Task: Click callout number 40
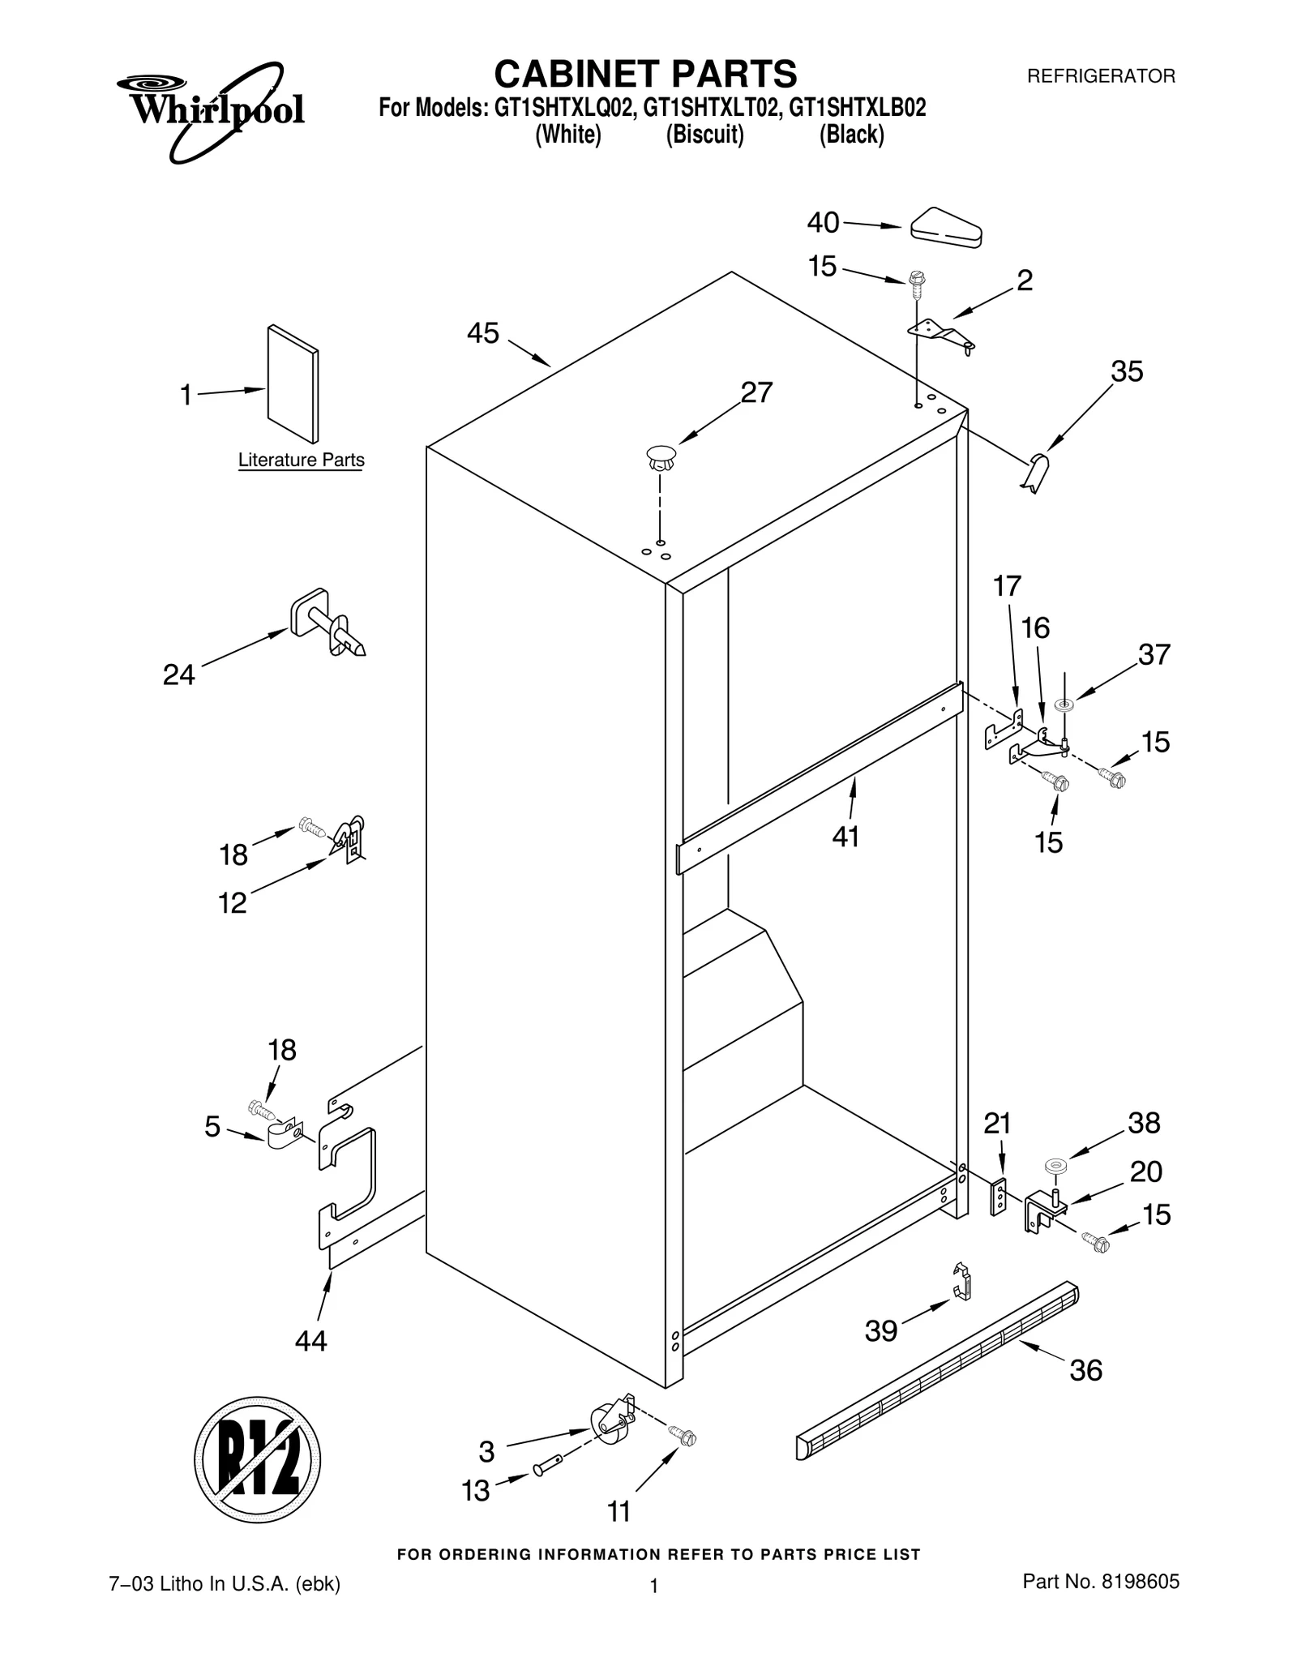click(x=823, y=222)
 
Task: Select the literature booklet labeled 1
click(x=293, y=384)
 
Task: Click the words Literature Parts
click(x=301, y=460)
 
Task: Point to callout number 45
click(x=483, y=333)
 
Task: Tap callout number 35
click(x=1127, y=371)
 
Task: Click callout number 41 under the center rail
click(x=845, y=836)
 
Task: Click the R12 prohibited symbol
click(x=257, y=1460)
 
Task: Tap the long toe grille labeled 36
click(x=936, y=1370)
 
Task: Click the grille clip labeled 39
click(x=961, y=1282)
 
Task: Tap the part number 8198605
click(x=1140, y=1580)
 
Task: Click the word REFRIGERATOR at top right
click(x=1101, y=76)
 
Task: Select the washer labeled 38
click(x=1055, y=1166)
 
